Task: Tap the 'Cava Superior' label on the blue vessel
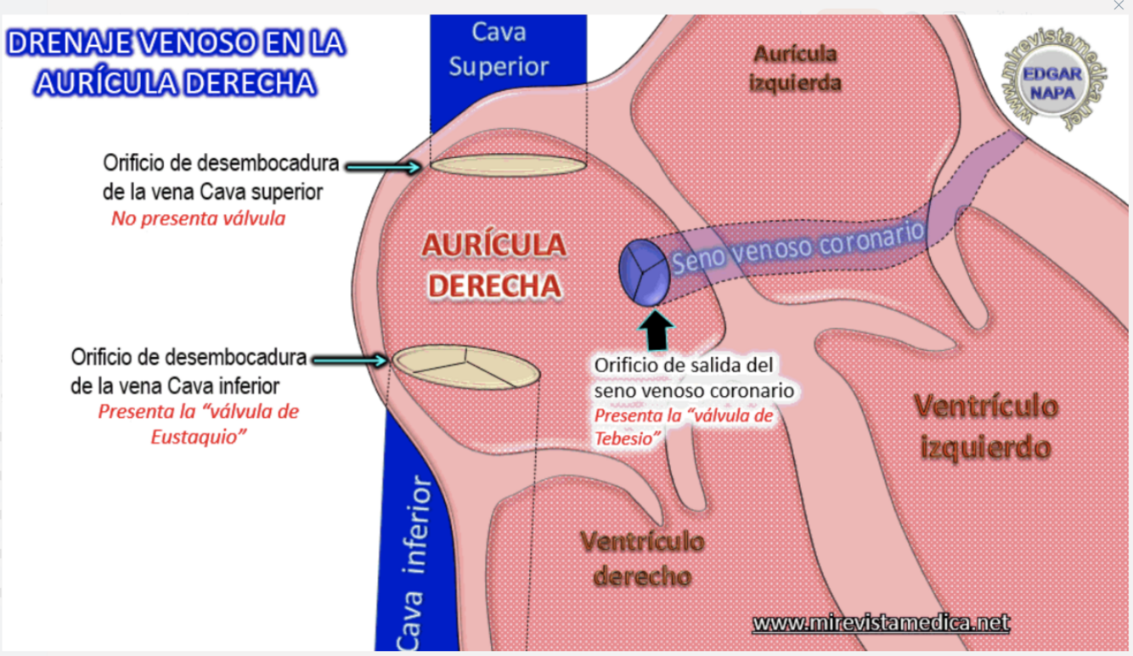[499, 49]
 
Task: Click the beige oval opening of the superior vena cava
[508, 165]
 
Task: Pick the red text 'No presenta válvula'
[198, 218]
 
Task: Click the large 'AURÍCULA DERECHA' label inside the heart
[493, 265]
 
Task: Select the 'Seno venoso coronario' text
[798, 247]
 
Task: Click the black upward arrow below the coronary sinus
[656, 331]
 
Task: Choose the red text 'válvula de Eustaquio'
[198, 424]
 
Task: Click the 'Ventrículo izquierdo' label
[985, 426]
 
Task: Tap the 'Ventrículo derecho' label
[642, 558]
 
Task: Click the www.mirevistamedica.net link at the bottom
[881, 623]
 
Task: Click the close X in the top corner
[1119, 6]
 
